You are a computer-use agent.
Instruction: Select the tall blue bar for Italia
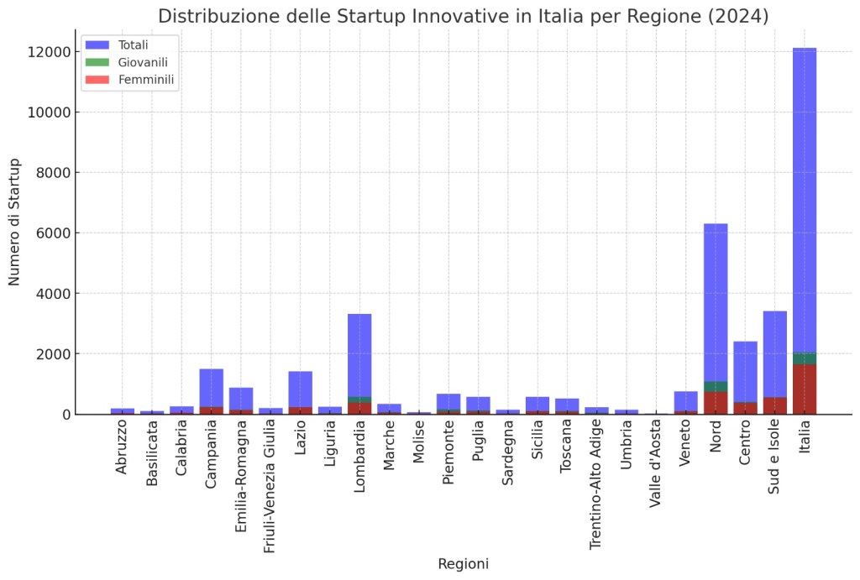pos(804,201)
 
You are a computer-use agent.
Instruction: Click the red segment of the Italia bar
pos(804,389)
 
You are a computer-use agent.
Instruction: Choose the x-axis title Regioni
pos(463,564)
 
